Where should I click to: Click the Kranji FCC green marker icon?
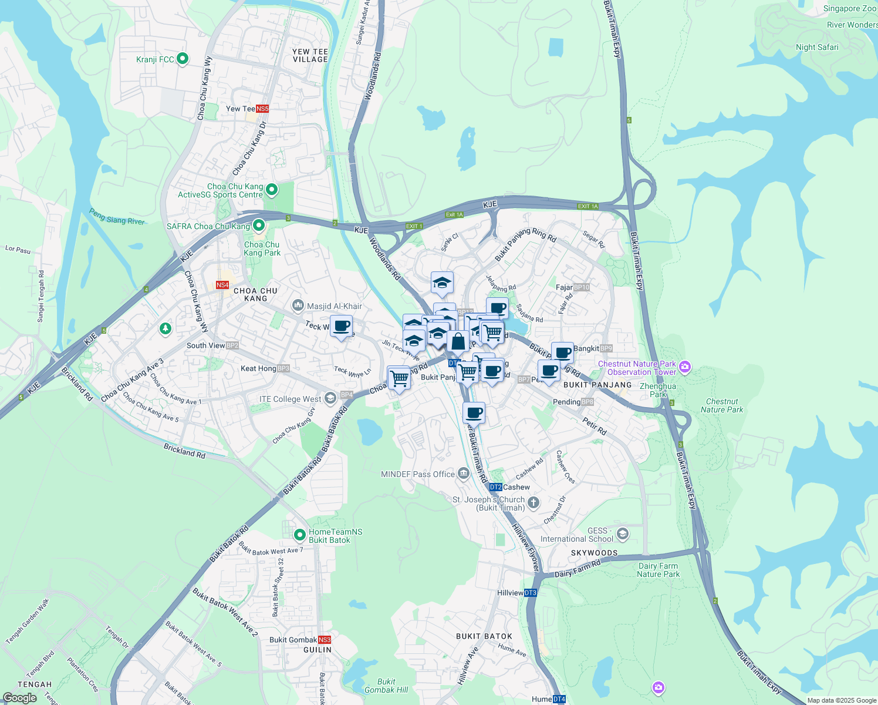[x=183, y=58]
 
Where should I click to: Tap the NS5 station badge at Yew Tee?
[x=262, y=109]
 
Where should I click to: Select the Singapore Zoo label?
[x=849, y=9]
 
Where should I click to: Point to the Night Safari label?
[x=817, y=47]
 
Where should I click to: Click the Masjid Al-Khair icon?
[x=298, y=305]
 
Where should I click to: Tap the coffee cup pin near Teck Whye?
[x=341, y=326]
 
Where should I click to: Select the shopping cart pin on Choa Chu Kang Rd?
[x=399, y=377]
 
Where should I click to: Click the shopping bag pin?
[x=458, y=341]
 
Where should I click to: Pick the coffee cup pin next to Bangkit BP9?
[x=562, y=352]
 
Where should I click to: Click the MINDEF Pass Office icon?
[x=464, y=474]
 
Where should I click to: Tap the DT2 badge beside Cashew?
[x=495, y=487]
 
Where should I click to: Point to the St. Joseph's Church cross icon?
[x=533, y=502]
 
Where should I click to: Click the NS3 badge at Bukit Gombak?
[x=324, y=640]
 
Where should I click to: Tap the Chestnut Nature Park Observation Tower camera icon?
[x=684, y=368]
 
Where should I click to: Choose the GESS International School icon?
[x=623, y=534]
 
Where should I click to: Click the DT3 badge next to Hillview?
[x=530, y=593]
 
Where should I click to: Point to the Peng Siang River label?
[x=117, y=216]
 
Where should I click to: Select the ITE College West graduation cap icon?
[x=330, y=399]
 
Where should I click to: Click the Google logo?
[x=20, y=698]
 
